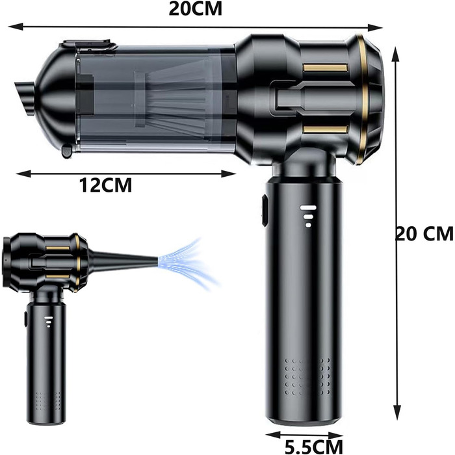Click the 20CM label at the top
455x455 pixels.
(195, 9)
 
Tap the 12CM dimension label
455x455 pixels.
(105, 185)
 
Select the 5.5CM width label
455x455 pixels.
(314, 447)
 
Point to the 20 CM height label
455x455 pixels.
(424, 233)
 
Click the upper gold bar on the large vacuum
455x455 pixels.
(325, 68)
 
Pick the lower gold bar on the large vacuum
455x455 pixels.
(325, 129)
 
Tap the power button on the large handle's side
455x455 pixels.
(265, 211)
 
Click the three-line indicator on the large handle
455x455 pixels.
(308, 216)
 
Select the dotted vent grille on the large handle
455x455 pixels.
(307, 376)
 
